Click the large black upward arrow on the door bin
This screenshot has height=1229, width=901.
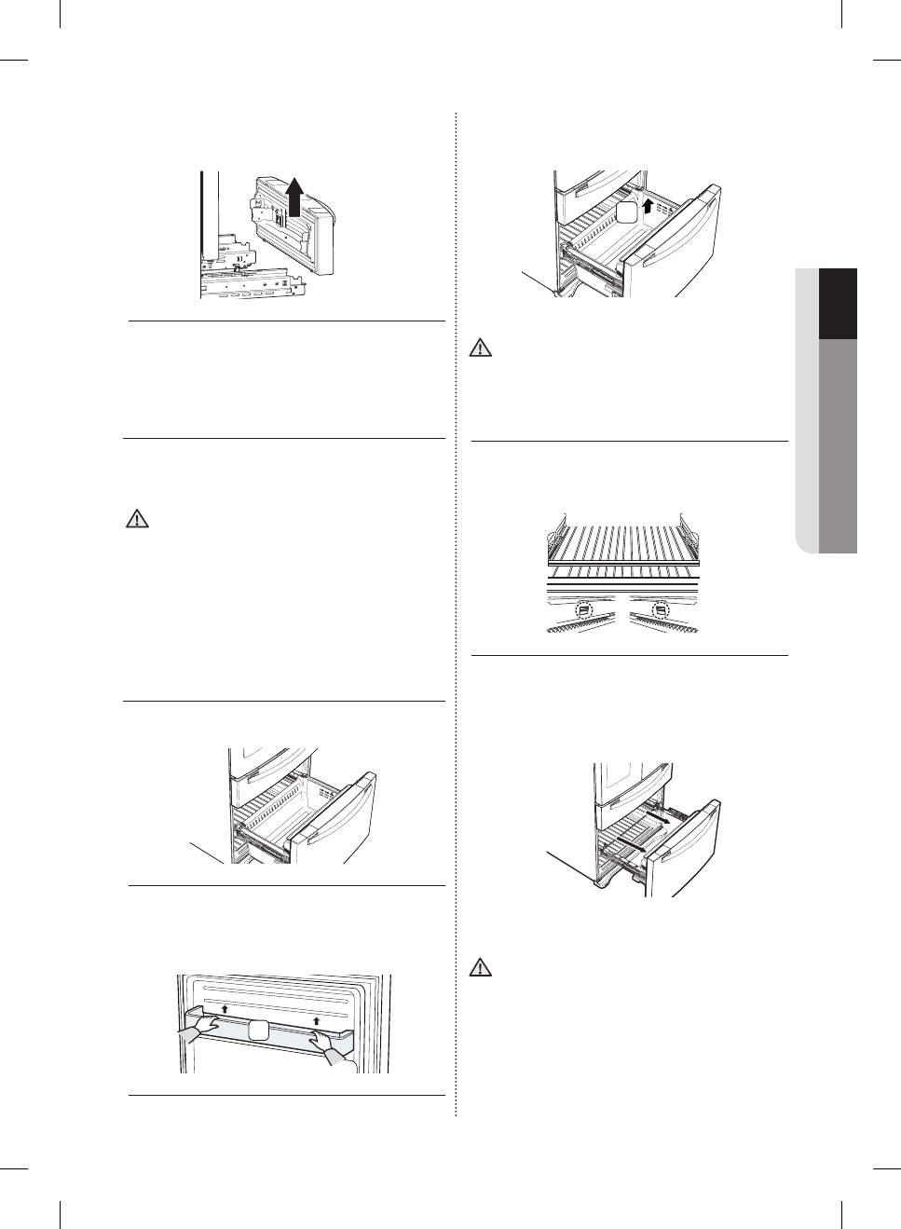point(294,198)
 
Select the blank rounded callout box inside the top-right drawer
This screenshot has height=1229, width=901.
point(626,213)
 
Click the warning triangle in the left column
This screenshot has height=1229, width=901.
point(137,520)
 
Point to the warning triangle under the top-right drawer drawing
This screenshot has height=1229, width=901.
point(479,349)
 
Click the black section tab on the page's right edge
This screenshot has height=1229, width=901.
point(838,304)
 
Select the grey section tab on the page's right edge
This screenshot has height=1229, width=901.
point(838,445)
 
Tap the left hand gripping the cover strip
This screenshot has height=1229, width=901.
point(202,1030)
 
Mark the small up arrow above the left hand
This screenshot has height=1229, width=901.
point(225,1009)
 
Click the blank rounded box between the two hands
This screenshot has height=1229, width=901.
point(260,1030)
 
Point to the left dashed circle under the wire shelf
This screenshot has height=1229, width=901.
point(584,612)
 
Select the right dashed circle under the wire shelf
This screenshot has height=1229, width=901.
point(661,611)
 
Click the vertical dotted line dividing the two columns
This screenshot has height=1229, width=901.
point(455,615)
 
